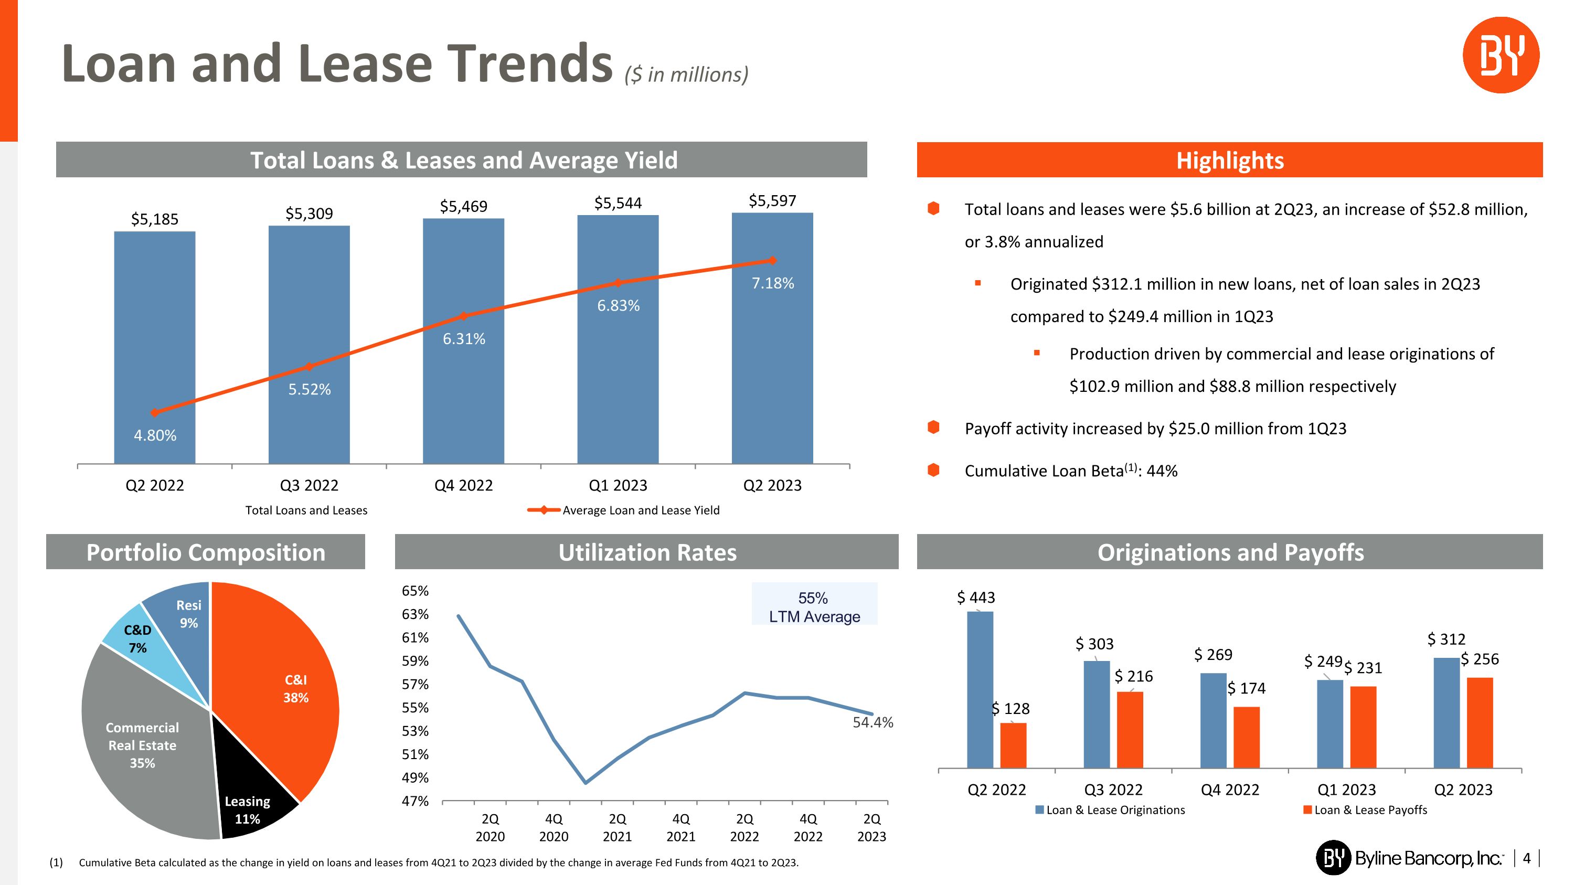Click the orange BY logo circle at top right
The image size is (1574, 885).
click(1500, 55)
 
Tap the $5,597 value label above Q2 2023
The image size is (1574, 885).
click(772, 201)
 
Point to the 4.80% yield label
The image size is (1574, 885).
click(155, 435)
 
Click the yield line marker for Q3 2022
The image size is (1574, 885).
click(309, 367)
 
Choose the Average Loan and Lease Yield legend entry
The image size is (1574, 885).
click(640, 510)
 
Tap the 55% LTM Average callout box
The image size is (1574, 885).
click(814, 606)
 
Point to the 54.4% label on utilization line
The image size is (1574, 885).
click(873, 722)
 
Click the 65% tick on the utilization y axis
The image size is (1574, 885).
click(415, 591)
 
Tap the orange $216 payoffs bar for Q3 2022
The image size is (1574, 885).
click(1130, 729)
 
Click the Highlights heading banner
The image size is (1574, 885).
click(1229, 160)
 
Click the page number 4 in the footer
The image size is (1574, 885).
click(1526, 858)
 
